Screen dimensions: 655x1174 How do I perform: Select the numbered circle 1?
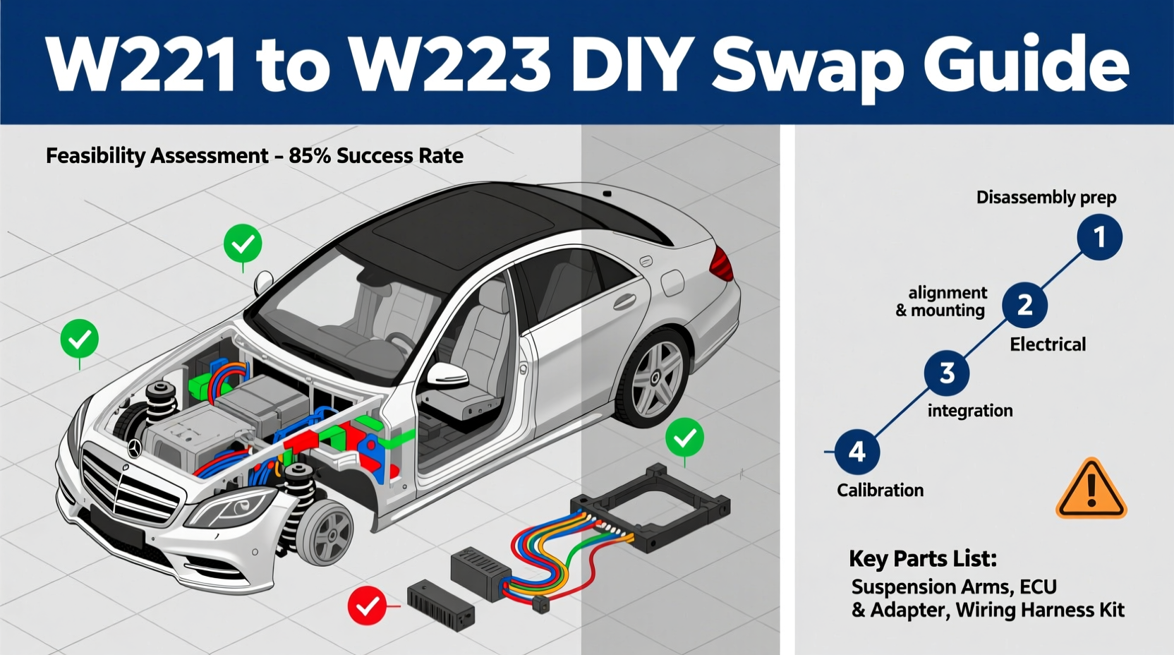point(1099,238)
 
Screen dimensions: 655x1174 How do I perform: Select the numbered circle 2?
point(1024,305)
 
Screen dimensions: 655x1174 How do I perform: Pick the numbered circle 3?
point(947,373)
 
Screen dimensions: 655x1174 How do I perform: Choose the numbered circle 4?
point(857,452)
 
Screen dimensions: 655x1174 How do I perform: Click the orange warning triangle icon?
point(1090,489)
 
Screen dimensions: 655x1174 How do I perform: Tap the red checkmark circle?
point(367,606)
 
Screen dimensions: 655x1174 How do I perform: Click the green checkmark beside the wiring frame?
point(684,438)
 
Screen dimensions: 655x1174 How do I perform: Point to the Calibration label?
point(880,490)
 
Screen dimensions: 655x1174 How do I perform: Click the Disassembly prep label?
point(1046,197)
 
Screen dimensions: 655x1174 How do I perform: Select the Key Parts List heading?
point(922,558)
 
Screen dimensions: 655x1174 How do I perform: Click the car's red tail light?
point(721,263)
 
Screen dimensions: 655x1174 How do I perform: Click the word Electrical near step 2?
point(1047,344)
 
